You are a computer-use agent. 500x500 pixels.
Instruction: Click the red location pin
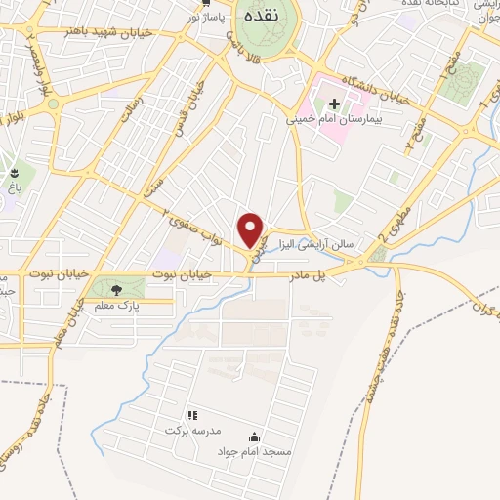(253, 228)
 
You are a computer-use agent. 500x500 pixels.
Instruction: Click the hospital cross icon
(334, 102)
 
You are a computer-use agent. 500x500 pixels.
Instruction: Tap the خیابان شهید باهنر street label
(113, 32)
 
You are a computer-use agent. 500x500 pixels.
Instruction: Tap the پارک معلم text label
(116, 307)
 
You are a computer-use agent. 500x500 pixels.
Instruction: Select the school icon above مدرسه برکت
(191, 415)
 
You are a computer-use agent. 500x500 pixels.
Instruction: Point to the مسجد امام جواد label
(254, 453)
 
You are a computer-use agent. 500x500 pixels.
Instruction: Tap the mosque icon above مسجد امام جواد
(255, 437)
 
